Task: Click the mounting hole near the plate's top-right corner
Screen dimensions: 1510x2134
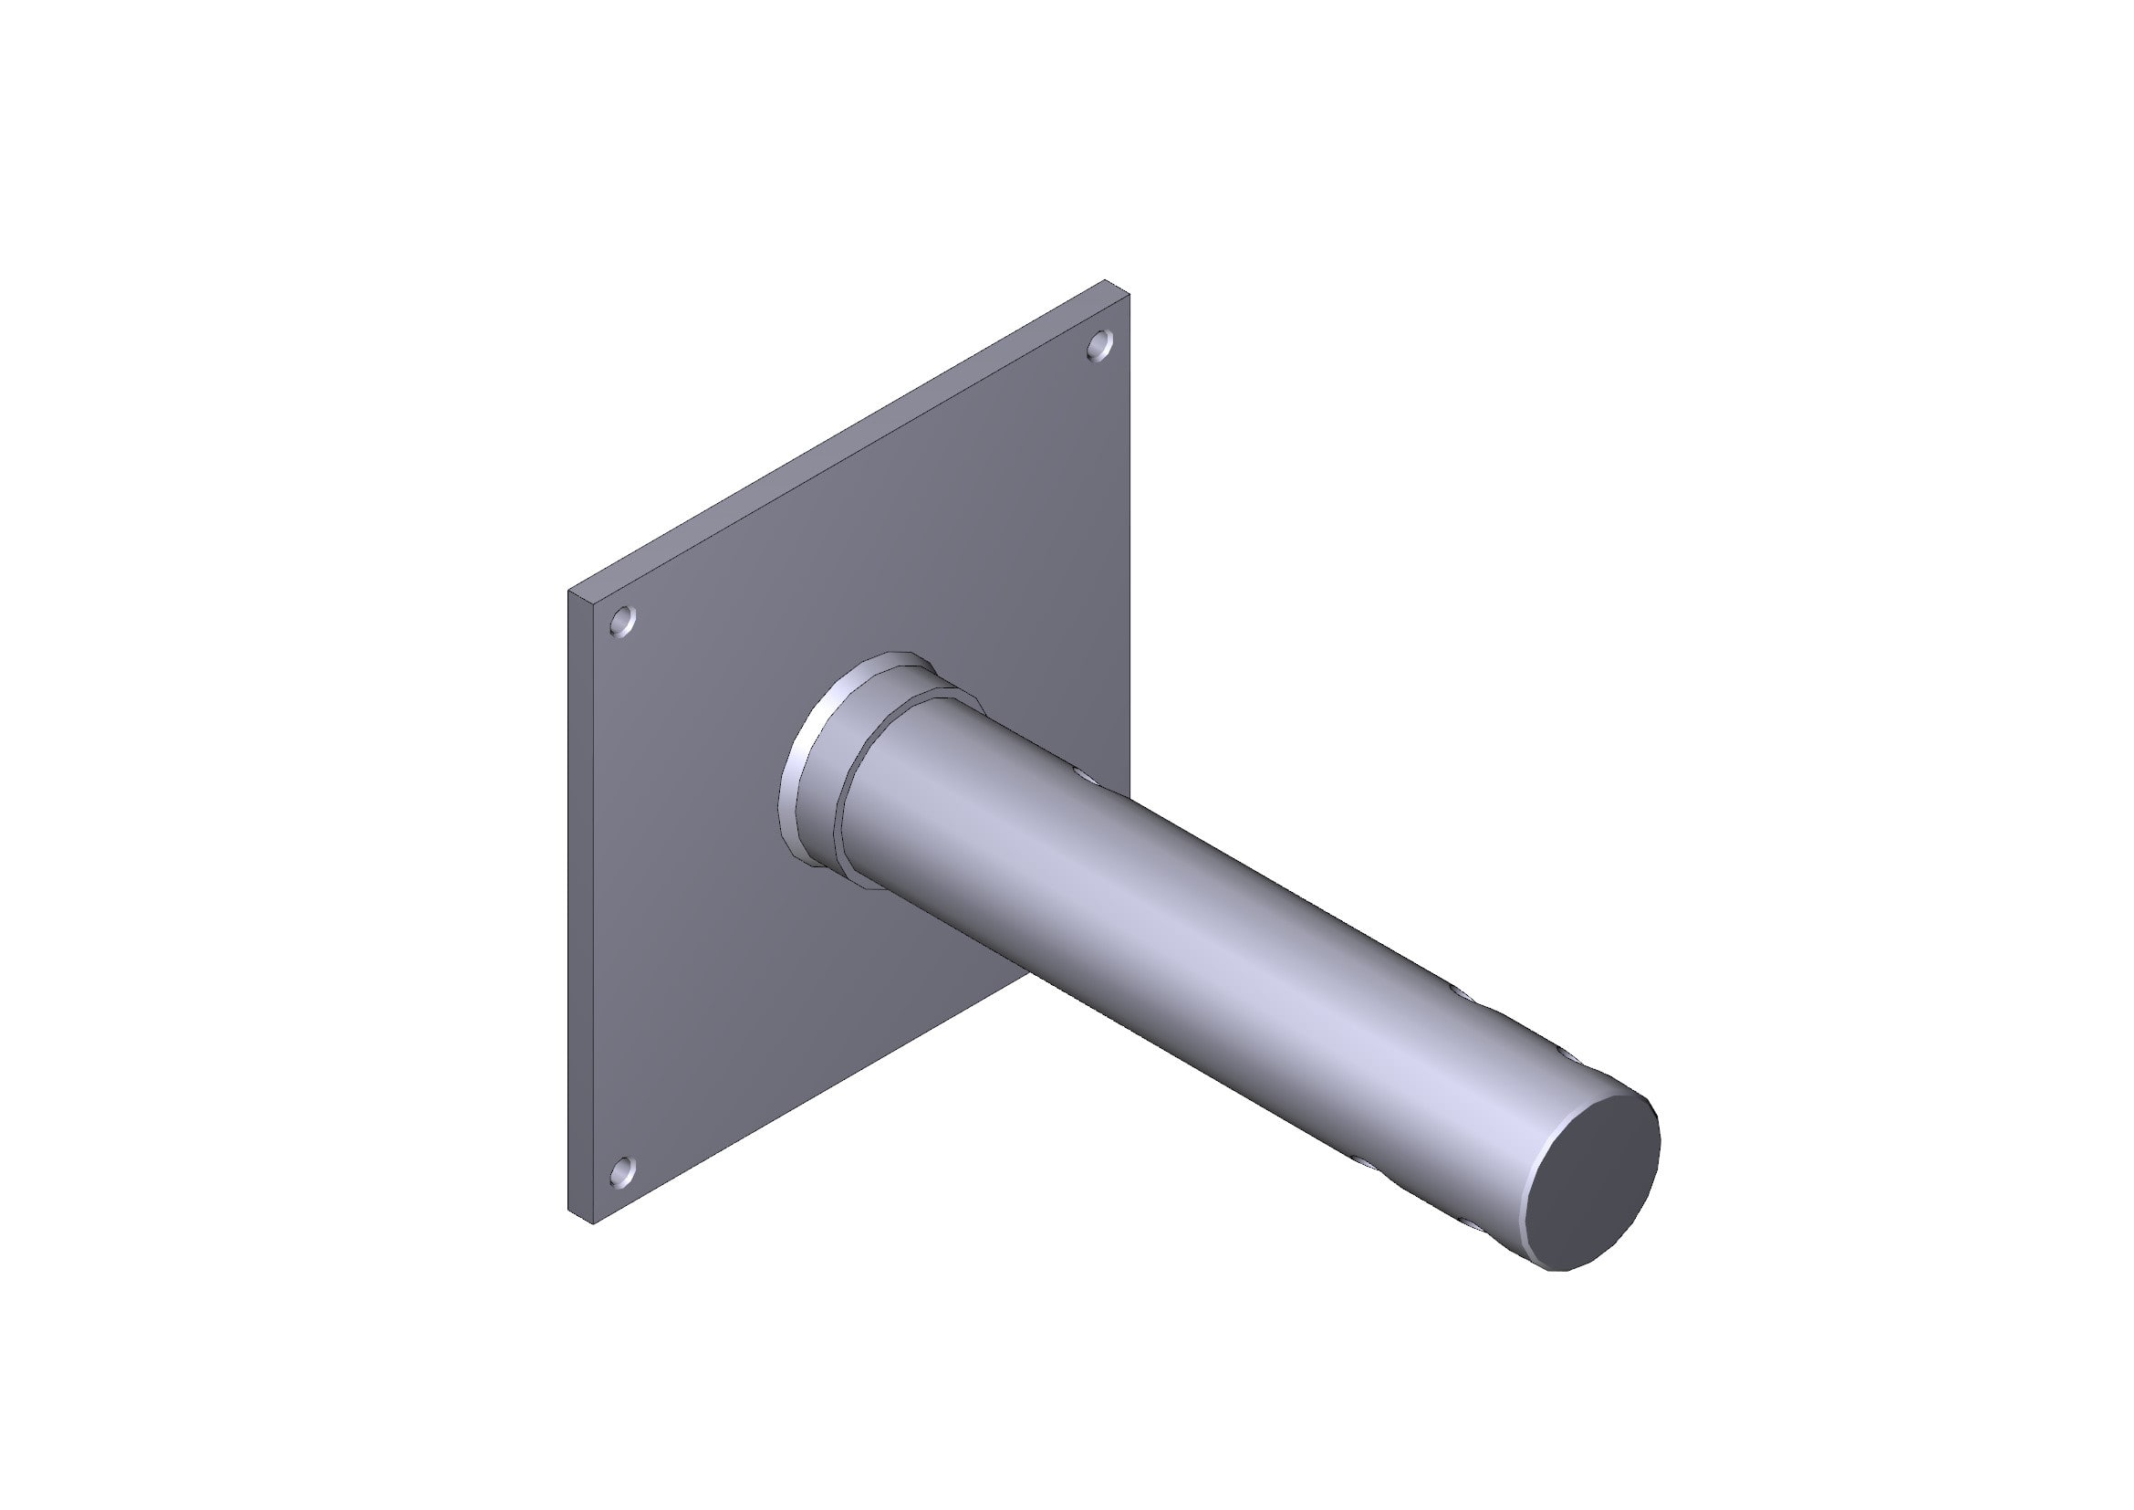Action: click(x=1099, y=345)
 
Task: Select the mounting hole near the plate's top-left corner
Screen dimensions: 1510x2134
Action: click(x=623, y=620)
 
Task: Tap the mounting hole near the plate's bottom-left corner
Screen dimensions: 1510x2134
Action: click(x=623, y=1172)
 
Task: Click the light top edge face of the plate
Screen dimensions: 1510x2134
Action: click(x=837, y=437)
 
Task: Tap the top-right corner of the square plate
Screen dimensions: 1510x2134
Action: click(x=1129, y=295)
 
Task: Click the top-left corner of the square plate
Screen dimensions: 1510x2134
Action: click(x=569, y=591)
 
